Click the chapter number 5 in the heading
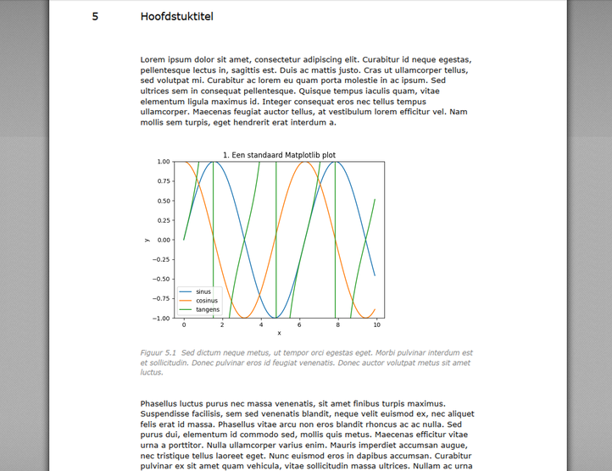pyautogui.click(x=96, y=16)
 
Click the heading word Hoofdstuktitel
pyautogui.click(x=177, y=16)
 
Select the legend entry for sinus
pyautogui.click(x=203, y=291)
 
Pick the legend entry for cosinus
pyautogui.click(x=207, y=301)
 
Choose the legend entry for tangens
pyautogui.click(x=208, y=310)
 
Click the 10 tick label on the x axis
pyautogui.click(x=377, y=325)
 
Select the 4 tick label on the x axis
pyautogui.click(x=261, y=325)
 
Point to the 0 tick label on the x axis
pyautogui.click(x=184, y=325)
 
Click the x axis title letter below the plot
pyautogui.click(x=279, y=333)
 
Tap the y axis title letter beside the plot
pyautogui.click(x=147, y=240)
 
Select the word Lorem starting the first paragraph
pyautogui.click(x=155, y=59)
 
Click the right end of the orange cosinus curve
pyautogui.click(x=375, y=308)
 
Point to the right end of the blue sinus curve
pyautogui.click(x=375, y=275)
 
